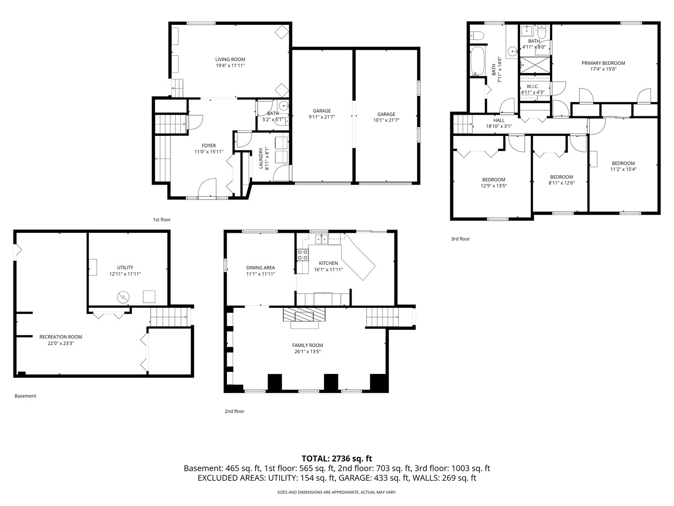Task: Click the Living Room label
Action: [x=230, y=60]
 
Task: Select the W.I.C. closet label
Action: [x=532, y=86]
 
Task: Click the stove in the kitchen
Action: [x=302, y=255]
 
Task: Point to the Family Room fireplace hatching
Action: [x=304, y=314]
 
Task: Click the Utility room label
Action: [x=125, y=268]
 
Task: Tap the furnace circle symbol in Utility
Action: [x=123, y=296]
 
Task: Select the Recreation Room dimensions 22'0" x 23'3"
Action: [x=60, y=343]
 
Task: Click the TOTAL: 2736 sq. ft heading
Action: [x=337, y=458]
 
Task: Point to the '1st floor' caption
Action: [x=161, y=219]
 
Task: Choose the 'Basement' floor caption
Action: [x=25, y=396]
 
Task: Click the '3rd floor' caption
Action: [x=460, y=239]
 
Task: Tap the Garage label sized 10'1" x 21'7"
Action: [x=386, y=114]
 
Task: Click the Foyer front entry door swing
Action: [x=207, y=188]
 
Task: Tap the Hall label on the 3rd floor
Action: [x=499, y=120]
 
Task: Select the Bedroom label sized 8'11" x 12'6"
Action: [x=561, y=177]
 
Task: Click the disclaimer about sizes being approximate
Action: [x=337, y=492]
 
